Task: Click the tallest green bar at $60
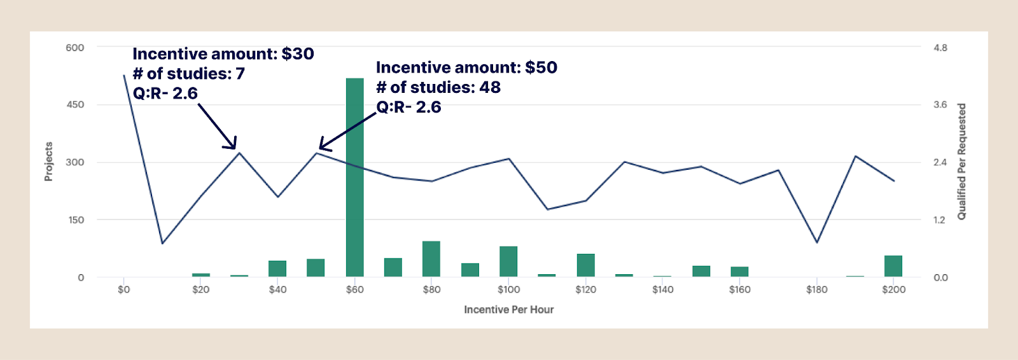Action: [x=354, y=178]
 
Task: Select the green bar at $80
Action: [x=431, y=260]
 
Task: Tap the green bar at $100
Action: [x=508, y=261]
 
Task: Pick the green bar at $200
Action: [x=893, y=267]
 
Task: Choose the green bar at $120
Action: [x=585, y=265]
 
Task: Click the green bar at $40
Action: [x=277, y=268]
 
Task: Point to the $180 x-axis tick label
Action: [x=817, y=290]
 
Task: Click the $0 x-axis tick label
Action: [x=123, y=290]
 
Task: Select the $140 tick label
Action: [x=662, y=290]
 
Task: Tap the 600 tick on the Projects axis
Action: [x=74, y=48]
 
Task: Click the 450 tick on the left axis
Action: [x=75, y=105]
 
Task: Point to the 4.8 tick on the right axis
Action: [x=940, y=48]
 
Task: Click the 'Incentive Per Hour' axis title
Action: [x=508, y=310]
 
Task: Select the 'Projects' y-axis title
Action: [x=48, y=162]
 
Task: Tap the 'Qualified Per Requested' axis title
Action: [x=961, y=162]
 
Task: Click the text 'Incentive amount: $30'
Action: [x=223, y=54]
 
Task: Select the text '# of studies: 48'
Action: [x=438, y=87]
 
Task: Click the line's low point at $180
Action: [x=817, y=242]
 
